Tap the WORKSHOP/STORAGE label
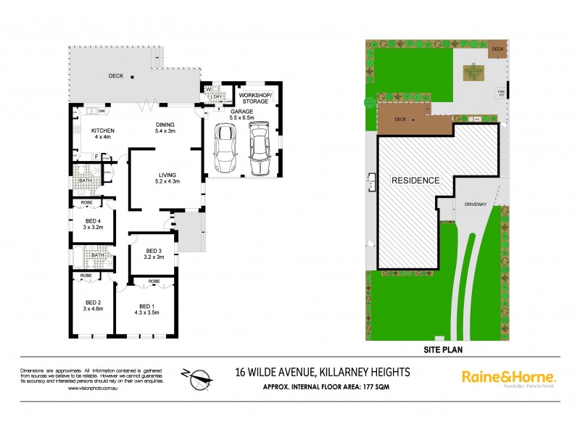pyautogui.click(x=254, y=98)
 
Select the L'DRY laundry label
pyautogui.click(x=216, y=98)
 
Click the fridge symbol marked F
pyautogui.click(x=96, y=156)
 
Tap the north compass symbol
pyautogui.click(x=196, y=376)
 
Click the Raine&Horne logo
pyautogui.click(x=508, y=377)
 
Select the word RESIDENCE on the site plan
pyautogui.click(x=415, y=179)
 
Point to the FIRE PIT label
pyautogui.click(x=500, y=91)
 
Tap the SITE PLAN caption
pyautogui.click(x=443, y=349)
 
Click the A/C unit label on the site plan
pyautogui.click(x=477, y=119)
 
